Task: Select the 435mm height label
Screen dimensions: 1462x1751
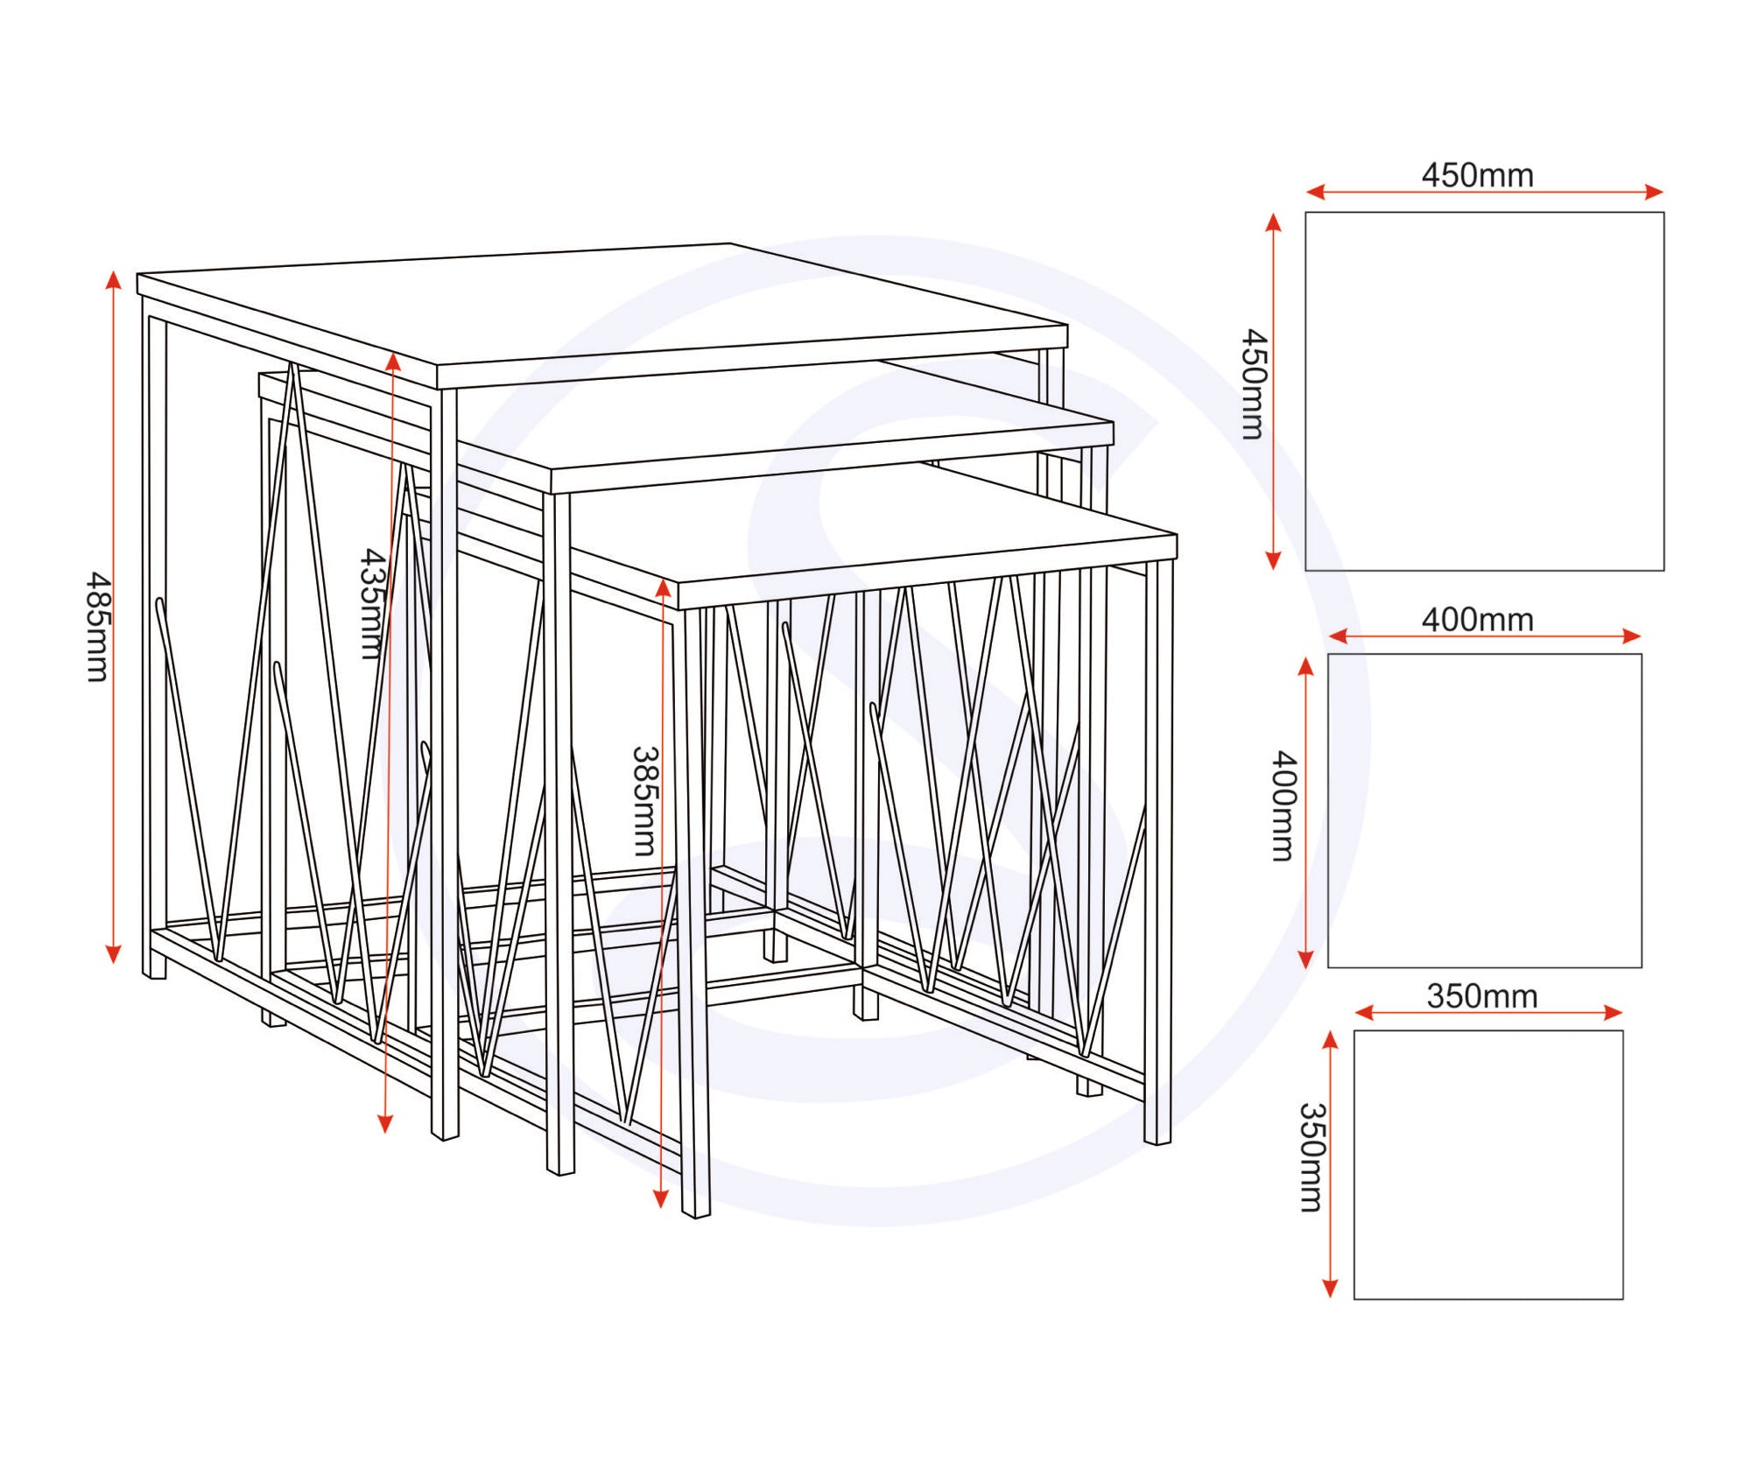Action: [374, 604]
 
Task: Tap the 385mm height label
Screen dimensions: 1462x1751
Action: [644, 801]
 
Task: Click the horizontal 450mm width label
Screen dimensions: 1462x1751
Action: [1477, 175]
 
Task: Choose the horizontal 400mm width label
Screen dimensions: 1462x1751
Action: [1477, 620]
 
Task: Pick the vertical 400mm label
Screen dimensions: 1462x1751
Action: [1283, 805]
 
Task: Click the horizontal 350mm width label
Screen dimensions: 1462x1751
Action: [1481, 996]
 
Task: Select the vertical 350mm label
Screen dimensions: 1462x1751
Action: [1311, 1157]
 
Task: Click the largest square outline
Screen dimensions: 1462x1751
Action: [1484, 391]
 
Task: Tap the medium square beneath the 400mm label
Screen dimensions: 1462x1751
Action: [1484, 811]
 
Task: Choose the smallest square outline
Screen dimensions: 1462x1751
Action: [1487, 1164]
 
